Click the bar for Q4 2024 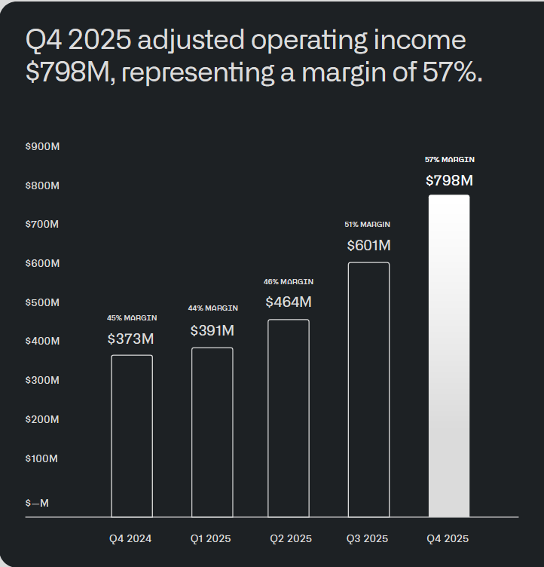pos(132,436)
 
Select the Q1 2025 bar pos(212,432)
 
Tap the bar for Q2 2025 pos(289,418)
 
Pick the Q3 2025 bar pos(368,390)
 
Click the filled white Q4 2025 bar pos(449,356)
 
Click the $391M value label pos(212,330)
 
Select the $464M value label pos(289,302)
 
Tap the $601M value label pos(368,245)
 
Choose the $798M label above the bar pos(449,180)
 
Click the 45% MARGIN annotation pos(132,318)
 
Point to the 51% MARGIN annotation pos(368,225)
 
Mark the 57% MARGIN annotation pos(449,160)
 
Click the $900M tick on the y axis pos(43,146)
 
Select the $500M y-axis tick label pos(43,302)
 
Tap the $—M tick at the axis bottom pos(37,503)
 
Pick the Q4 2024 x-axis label pos(130,538)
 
